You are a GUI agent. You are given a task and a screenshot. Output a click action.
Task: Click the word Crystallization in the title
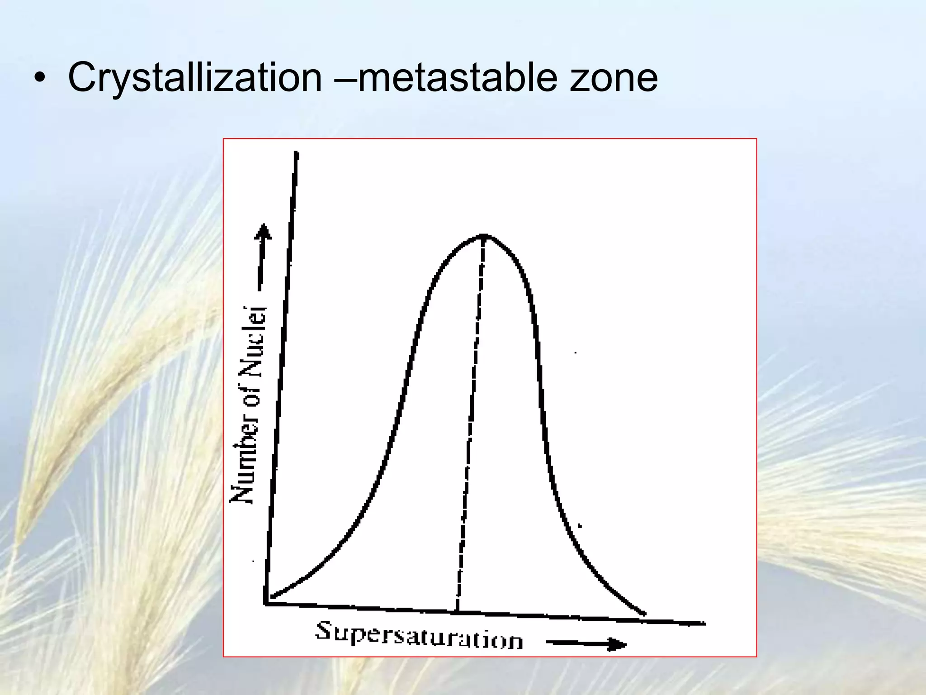click(x=194, y=78)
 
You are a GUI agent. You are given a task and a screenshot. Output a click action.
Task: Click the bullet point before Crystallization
click(x=40, y=78)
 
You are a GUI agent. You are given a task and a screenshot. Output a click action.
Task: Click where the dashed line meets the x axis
click(x=457, y=612)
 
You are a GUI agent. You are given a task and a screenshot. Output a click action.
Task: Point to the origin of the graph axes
click(x=265, y=603)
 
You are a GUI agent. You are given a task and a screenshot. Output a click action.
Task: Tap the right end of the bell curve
click(x=644, y=614)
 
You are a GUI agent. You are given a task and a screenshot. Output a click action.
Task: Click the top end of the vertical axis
click(x=297, y=153)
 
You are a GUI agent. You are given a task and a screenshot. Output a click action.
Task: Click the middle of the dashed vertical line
click(x=471, y=423)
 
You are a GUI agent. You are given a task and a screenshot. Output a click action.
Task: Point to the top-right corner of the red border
click(x=756, y=139)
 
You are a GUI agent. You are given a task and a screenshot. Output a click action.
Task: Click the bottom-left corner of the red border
click(x=223, y=657)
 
